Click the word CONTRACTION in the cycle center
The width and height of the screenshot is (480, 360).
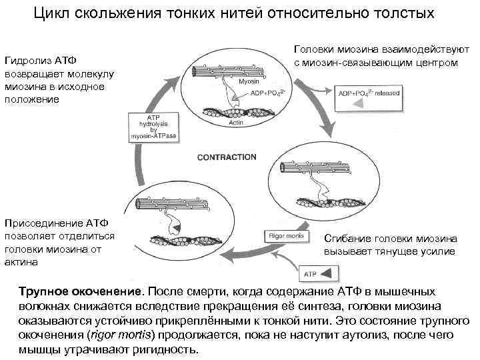(x=226, y=157)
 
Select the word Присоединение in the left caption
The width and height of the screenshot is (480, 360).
(x=42, y=223)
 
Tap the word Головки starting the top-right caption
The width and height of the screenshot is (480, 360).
(x=314, y=51)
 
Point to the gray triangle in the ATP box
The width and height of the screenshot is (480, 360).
(x=328, y=273)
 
